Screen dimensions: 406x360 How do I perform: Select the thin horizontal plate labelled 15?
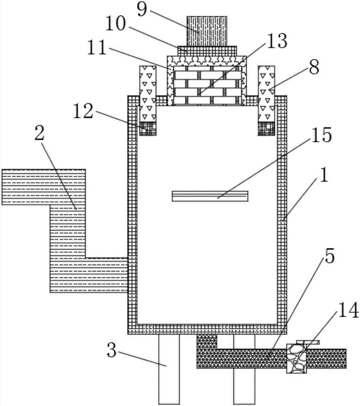click(x=209, y=196)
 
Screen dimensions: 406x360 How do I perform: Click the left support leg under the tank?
click(x=168, y=369)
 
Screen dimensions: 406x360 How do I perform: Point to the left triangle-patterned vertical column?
click(x=147, y=93)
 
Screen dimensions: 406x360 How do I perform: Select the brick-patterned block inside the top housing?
click(x=207, y=87)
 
